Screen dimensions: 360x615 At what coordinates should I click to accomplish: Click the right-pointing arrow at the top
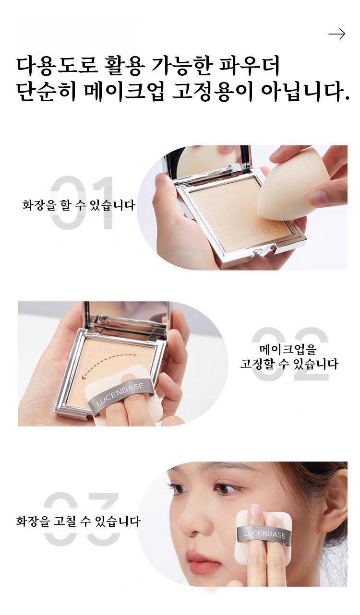pos(336,34)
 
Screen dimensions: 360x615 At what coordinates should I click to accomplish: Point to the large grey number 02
pos(290,354)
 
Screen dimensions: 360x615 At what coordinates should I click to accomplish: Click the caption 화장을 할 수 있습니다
pos(79,205)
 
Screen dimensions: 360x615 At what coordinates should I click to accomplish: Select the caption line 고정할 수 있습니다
pos(289,364)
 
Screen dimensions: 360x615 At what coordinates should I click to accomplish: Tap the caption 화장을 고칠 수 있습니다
pos(78,521)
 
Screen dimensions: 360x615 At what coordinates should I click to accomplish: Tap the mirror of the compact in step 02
pos(126,316)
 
